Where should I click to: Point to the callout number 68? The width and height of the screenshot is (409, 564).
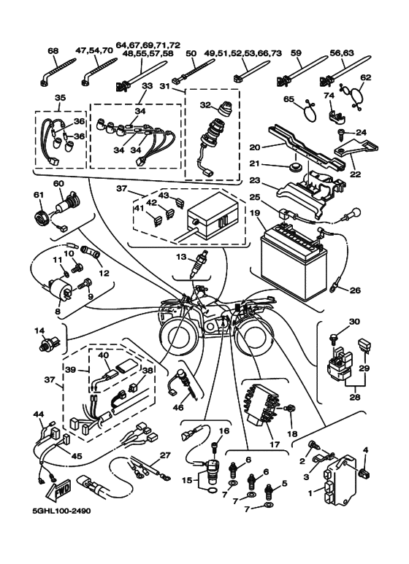coord(53,50)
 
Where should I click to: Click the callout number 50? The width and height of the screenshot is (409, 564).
coord(192,54)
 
